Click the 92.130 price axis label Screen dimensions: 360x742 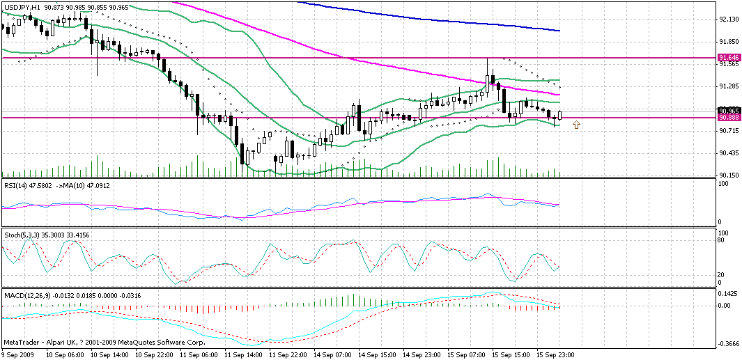pyautogui.click(x=729, y=19)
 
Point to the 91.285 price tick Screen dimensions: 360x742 pyautogui.click(x=729, y=86)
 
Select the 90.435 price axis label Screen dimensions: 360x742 pyautogui.click(x=729, y=153)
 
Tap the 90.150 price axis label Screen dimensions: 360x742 pyautogui.click(x=729, y=175)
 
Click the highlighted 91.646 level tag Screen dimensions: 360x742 pyautogui.click(x=729, y=57)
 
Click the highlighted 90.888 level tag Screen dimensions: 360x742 pyautogui.click(x=729, y=118)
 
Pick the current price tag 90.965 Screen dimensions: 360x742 pyautogui.click(x=729, y=111)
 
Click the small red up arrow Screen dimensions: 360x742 pyautogui.click(x=576, y=125)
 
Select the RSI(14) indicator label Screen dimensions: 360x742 pyautogui.click(x=15, y=185)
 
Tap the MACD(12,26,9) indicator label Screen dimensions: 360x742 pyautogui.click(x=27, y=297)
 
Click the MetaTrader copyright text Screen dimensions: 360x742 pyautogui.click(x=104, y=343)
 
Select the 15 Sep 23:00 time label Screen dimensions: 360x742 pyautogui.click(x=555, y=354)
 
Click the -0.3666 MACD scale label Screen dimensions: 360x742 pyautogui.click(x=729, y=343)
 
